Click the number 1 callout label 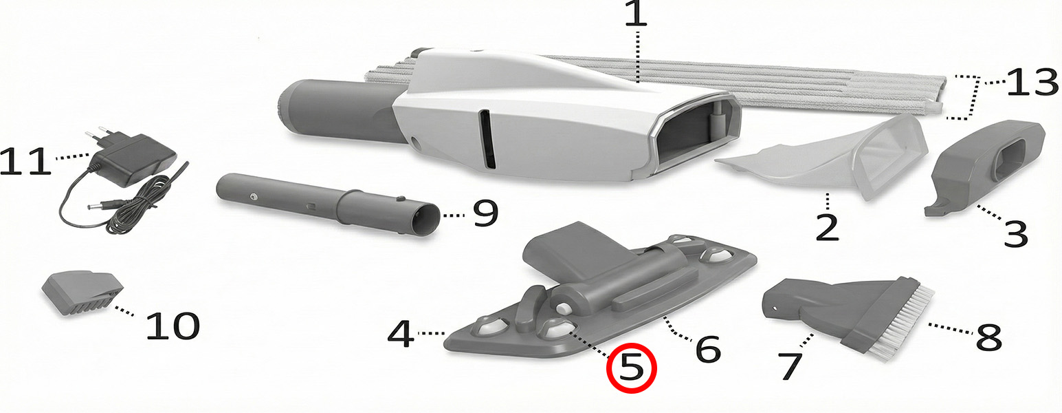636,14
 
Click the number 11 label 25,161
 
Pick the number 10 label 173,326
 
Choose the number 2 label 828,228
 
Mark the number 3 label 1015,233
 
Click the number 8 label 989,337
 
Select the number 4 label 401,334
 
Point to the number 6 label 708,349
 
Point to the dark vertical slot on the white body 487,138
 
